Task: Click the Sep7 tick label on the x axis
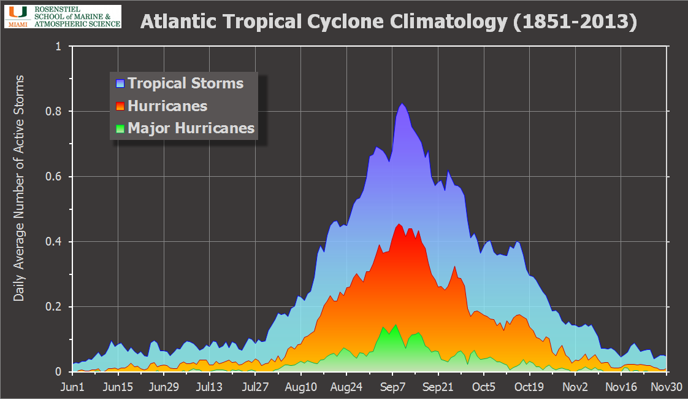point(392,387)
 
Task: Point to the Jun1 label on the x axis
point(72,387)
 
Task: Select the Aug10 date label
point(301,387)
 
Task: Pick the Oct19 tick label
point(529,387)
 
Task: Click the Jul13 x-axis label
point(210,387)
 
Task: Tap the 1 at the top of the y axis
point(59,46)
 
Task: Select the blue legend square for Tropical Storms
point(120,83)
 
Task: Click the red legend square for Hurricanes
point(120,106)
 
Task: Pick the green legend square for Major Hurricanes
point(120,129)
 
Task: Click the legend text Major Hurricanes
point(191,128)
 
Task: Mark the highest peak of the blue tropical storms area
point(402,104)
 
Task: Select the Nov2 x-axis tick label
point(575,387)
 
